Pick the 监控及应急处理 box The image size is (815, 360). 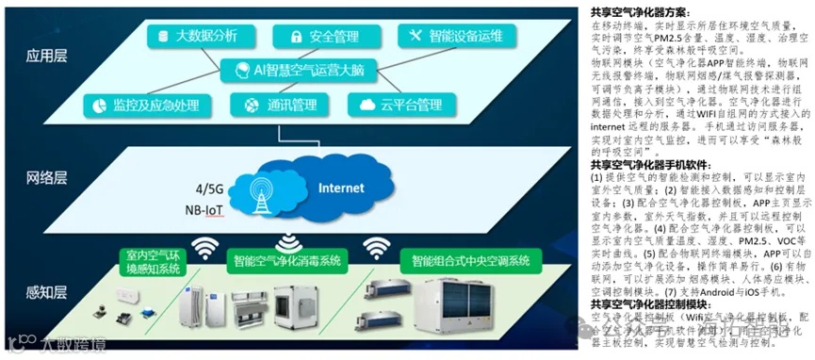click(145, 104)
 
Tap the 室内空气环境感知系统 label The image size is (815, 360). click(152, 262)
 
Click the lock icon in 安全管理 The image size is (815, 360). click(295, 37)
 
